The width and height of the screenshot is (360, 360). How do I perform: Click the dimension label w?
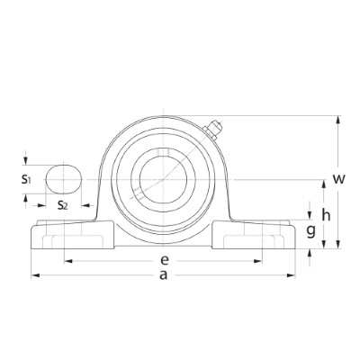click(x=339, y=179)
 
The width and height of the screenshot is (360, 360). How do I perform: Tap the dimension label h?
click(x=326, y=215)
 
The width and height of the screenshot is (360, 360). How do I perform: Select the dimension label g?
click(x=311, y=231)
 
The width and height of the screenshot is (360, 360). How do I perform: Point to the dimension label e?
click(x=164, y=260)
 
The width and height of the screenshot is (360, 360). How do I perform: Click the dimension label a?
click(x=163, y=274)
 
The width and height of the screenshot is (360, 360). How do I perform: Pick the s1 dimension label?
click(x=26, y=179)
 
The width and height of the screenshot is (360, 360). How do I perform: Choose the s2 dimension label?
click(x=63, y=205)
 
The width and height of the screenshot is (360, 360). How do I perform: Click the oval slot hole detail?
click(x=64, y=179)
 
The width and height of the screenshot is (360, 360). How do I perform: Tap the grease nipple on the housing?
click(x=213, y=130)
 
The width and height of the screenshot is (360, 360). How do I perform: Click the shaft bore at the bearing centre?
click(x=164, y=179)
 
